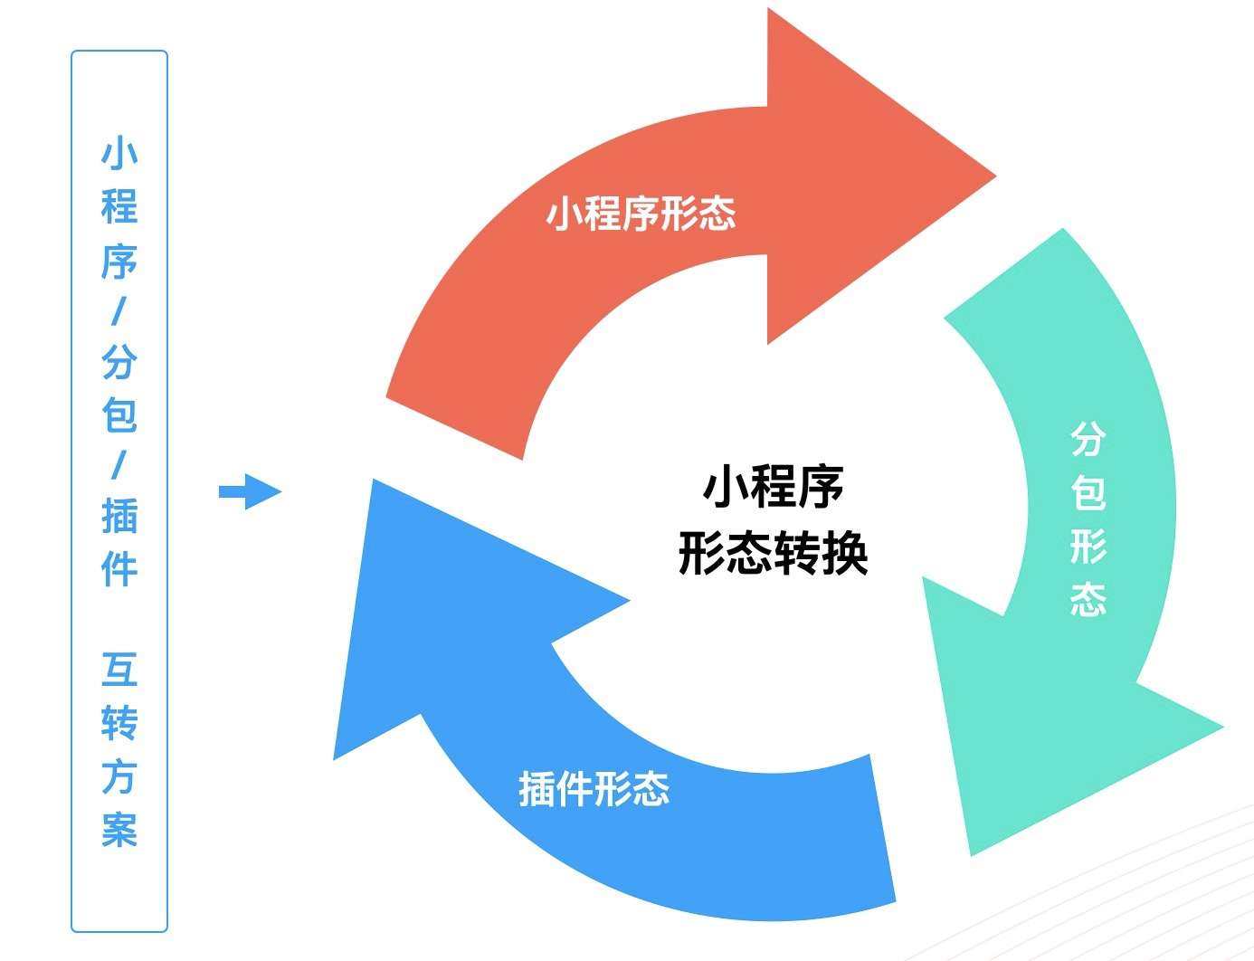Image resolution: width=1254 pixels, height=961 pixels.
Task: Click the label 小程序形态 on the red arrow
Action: [641, 214]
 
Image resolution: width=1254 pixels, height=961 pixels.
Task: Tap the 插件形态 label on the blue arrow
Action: [594, 789]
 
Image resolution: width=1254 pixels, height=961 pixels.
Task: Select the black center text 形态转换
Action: [773, 554]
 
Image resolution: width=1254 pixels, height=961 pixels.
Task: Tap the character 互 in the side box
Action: [119, 670]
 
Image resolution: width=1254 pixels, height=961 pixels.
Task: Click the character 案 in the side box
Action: [119, 829]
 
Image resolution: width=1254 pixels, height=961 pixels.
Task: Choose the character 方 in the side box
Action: [119, 776]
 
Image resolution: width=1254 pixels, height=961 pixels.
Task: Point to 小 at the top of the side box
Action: [119, 154]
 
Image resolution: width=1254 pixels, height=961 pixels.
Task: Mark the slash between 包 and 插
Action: [119, 467]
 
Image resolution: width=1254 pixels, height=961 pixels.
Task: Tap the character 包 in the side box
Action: [119, 414]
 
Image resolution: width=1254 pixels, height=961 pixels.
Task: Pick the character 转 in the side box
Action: [119, 723]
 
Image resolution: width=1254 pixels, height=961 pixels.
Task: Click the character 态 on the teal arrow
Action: [1088, 599]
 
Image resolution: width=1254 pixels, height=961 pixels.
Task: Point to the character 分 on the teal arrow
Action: [1088, 440]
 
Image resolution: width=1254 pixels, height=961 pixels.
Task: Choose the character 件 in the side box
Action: [119, 569]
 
